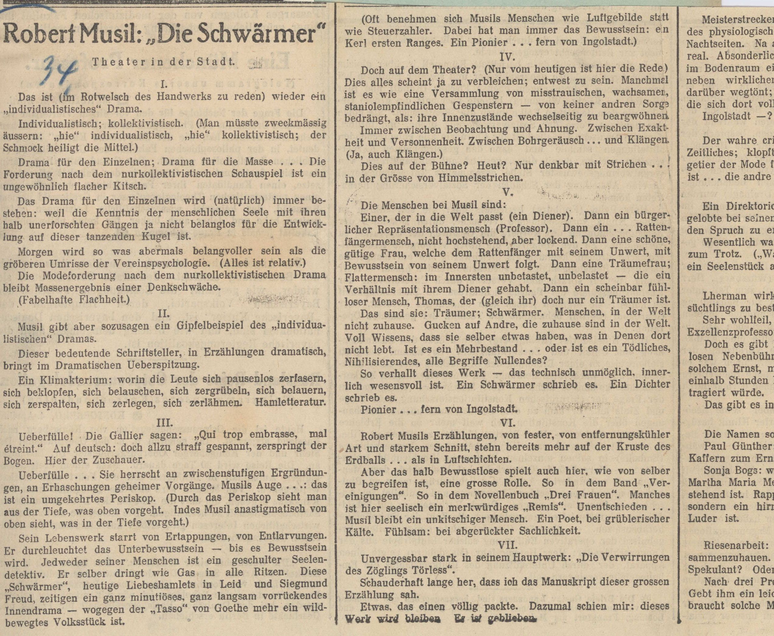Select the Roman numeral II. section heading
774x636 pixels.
[x=163, y=314]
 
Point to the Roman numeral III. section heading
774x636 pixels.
[x=163, y=422]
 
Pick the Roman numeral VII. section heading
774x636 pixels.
[x=508, y=545]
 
